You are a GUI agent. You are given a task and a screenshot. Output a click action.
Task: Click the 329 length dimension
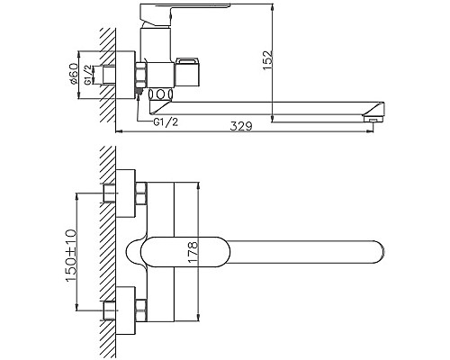tap(241, 126)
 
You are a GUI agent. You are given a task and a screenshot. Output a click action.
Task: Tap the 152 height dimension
tap(268, 60)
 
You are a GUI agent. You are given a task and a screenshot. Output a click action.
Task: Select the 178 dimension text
tap(193, 252)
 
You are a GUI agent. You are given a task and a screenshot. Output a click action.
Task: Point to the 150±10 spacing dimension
tap(71, 256)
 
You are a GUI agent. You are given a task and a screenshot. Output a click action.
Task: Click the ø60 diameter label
tap(74, 75)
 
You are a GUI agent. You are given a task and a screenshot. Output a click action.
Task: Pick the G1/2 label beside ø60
tap(87, 75)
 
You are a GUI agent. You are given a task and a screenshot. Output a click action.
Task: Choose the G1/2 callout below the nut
tap(166, 121)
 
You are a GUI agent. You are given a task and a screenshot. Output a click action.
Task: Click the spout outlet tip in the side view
tap(373, 119)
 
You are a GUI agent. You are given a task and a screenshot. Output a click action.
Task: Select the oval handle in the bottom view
tap(185, 252)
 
